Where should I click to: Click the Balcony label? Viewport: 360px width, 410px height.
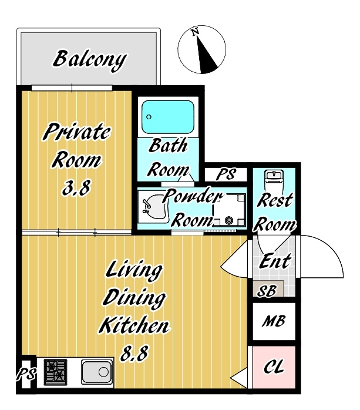click(x=90, y=61)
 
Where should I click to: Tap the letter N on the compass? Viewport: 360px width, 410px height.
click(x=195, y=32)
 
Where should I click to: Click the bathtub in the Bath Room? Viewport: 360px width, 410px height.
click(x=168, y=117)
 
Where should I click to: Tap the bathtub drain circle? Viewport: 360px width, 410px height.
click(x=149, y=117)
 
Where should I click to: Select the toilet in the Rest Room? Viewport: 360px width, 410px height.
click(x=274, y=180)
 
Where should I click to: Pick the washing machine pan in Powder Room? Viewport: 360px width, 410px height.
click(x=229, y=210)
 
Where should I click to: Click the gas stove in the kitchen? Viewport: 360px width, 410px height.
click(x=55, y=372)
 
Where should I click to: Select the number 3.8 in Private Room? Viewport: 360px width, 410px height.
click(x=76, y=188)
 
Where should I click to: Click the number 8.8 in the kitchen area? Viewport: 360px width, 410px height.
click(x=134, y=353)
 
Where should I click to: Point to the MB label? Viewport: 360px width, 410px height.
click(x=274, y=321)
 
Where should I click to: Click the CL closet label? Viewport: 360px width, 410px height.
click(x=274, y=367)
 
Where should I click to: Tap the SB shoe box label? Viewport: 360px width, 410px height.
click(x=267, y=291)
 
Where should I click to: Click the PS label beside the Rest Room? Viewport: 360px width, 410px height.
click(x=226, y=174)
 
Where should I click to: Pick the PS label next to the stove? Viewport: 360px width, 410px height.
click(x=26, y=374)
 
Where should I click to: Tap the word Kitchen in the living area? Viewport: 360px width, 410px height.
click(x=135, y=325)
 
